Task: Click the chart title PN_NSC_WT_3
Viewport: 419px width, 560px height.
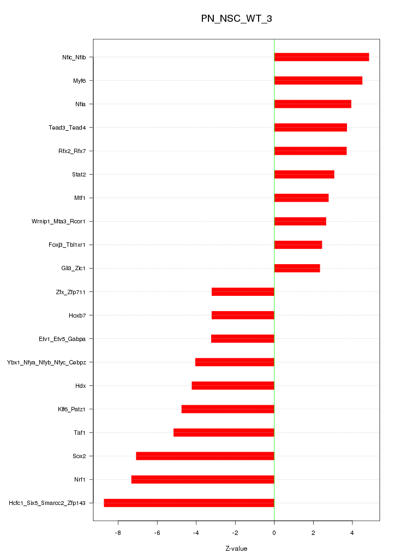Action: click(x=236, y=19)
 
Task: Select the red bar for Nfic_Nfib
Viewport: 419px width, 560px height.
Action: click(x=321, y=57)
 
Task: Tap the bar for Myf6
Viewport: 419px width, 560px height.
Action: click(x=318, y=81)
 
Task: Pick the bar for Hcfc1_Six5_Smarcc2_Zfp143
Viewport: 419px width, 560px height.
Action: click(x=189, y=503)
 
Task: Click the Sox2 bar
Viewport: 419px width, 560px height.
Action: click(x=205, y=456)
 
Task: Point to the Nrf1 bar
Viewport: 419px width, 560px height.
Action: click(x=202, y=479)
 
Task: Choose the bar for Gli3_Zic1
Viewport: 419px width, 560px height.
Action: click(x=297, y=269)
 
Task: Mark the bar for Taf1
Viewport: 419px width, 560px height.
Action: click(x=224, y=433)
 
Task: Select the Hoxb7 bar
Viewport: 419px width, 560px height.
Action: click(x=243, y=315)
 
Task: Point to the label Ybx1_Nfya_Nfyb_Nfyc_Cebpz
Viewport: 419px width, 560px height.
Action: click(x=46, y=362)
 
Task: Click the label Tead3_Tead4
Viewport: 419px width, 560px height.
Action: click(x=67, y=128)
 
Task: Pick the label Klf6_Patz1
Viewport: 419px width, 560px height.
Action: click(x=71, y=409)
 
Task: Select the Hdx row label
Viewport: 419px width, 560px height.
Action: click(x=80, y=386)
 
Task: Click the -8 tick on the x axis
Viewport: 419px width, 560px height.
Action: click(x=118, y=533)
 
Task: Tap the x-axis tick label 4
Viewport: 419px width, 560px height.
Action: click(x=352, y=533)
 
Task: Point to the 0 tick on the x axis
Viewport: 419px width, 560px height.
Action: click(x=274, y=533)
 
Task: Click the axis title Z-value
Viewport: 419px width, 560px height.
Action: click(x=236, y=549)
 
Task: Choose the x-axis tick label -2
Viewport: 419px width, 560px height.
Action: click(x=235, y=533)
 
